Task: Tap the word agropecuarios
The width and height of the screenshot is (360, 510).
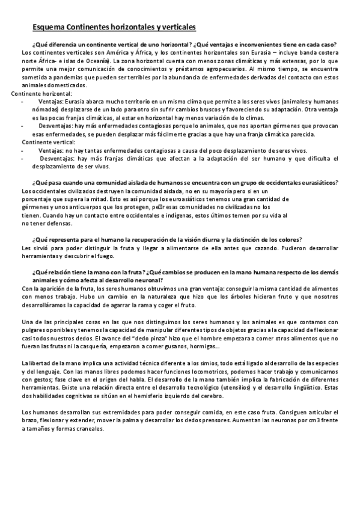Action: click(220, 69)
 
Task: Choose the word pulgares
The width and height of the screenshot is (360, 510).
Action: click(34, 330)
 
